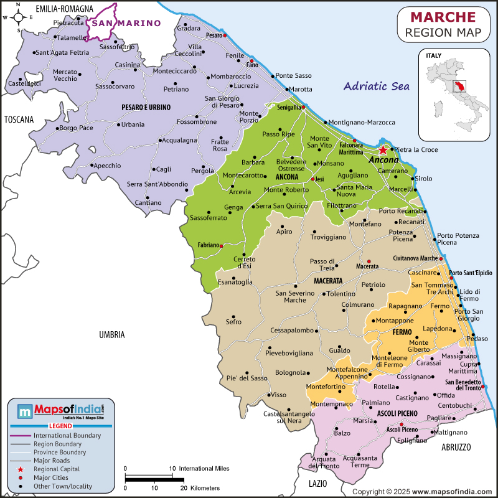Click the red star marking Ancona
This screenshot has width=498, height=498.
pos(382,150)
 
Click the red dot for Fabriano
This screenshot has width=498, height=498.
pos(221,246)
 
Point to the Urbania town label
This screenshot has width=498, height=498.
pos(133,125)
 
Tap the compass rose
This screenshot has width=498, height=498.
pos(19,17)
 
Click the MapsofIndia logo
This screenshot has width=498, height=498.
pos(61,410)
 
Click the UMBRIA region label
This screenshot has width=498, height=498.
pos(112,335)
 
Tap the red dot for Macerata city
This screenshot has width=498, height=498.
pos(369,261)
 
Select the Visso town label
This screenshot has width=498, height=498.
pos(278,395)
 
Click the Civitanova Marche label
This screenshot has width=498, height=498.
pos(415,258)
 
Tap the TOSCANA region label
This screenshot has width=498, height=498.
pos(19,120)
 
